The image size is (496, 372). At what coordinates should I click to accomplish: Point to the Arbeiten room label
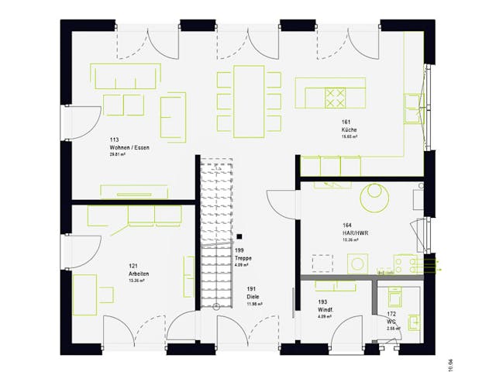point(139,274)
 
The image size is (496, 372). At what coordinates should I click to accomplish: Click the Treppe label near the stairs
point(245,258)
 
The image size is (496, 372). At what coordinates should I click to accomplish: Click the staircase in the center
point(215,232)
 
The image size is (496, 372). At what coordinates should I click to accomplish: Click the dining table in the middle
point(250,99)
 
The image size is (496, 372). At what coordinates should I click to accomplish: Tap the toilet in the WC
point(394,297)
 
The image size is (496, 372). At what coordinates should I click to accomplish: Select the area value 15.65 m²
point(350,136)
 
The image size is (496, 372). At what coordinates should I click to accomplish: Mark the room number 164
point(348,226)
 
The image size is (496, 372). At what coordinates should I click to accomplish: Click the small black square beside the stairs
point(240,236)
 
